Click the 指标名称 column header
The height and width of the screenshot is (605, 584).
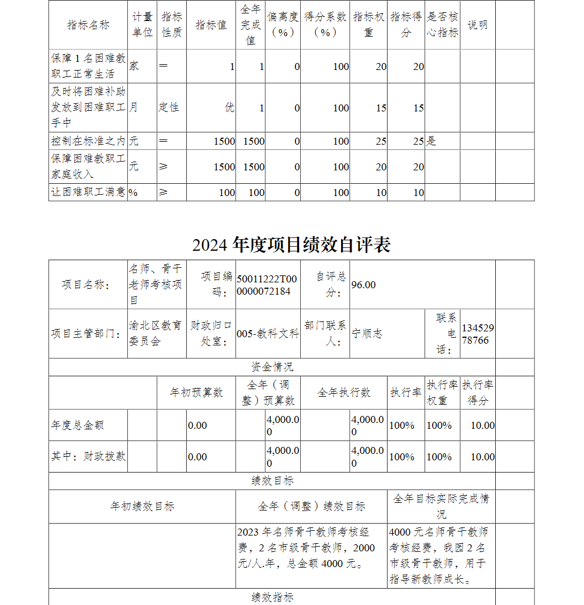tap(88, 25)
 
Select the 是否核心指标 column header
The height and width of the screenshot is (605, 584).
tap(442, 25)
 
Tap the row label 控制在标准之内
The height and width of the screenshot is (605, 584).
tap(88, 141)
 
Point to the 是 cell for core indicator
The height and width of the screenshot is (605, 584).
tap(431, 141)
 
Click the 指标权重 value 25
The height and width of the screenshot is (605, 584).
tap(381, 141)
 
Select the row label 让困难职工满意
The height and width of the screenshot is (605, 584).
tap(88, 193)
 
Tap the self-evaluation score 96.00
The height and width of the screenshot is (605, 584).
tap(364, 285)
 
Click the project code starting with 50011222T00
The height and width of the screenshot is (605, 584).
tap(267, 285)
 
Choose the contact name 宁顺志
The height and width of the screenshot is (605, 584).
tap(367, 334)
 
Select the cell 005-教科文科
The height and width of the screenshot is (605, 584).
tap(267, 334)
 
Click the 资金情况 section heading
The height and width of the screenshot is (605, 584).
tap(272, 367)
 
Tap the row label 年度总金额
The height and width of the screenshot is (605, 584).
tap(78, 425)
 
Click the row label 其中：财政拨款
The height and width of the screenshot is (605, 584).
tap(88, 457)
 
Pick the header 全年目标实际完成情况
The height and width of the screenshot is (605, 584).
tap(441, 506)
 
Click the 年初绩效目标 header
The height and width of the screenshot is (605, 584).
tap(142, 506)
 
